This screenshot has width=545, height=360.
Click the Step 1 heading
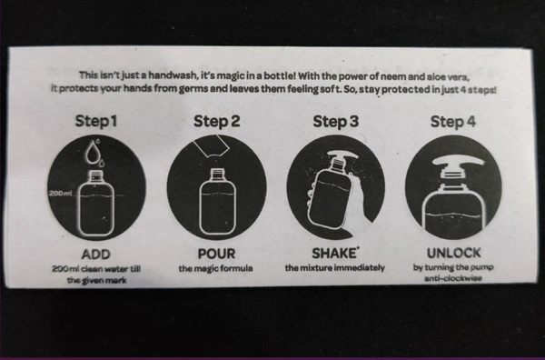pyautogui.click(x=96, y=121)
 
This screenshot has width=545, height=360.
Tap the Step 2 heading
pyautogui.click(x=216, y=121)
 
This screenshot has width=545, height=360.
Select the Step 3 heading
pyautogui.click(x=335, y=122)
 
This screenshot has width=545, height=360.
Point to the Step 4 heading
pyautogui.click(x=453, y=122)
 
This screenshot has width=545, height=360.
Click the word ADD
pyautogui.click(x=96, y=255)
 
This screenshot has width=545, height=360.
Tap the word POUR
pyautogui.click(x=216, y=254)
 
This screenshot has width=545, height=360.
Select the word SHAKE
pyautogui.click(x=334, y=254)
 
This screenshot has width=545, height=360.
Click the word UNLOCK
pyautogui.click(x=453, y=253)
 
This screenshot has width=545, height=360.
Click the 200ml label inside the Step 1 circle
pyautogui.click(x=61, y=193)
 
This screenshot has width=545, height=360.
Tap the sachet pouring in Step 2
pyautogui.click(x=211, y=146)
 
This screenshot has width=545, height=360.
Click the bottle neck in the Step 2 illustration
pyautogui.click(x=218, y=174)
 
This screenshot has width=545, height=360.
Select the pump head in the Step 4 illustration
pyautogui.click(x=458, y=161)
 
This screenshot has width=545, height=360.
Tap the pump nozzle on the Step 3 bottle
pyautogui.click(x=342, y=155)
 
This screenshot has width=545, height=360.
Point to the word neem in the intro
pyautogui.click(x=396, y=76)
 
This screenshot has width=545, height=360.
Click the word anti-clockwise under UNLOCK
pyautogui.click(x=453, y=278)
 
